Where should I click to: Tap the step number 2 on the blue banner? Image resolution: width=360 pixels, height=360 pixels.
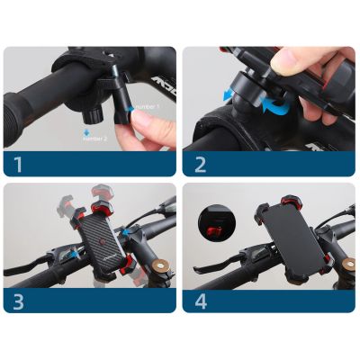[200, 166]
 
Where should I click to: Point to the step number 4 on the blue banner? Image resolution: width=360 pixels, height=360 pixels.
[200, 300]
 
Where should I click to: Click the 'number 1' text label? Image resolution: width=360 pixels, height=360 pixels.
[146, 106]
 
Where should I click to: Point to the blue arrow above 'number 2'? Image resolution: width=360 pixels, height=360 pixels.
[85, 131]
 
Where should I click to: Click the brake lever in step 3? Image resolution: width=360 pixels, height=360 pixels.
[31, 267]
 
